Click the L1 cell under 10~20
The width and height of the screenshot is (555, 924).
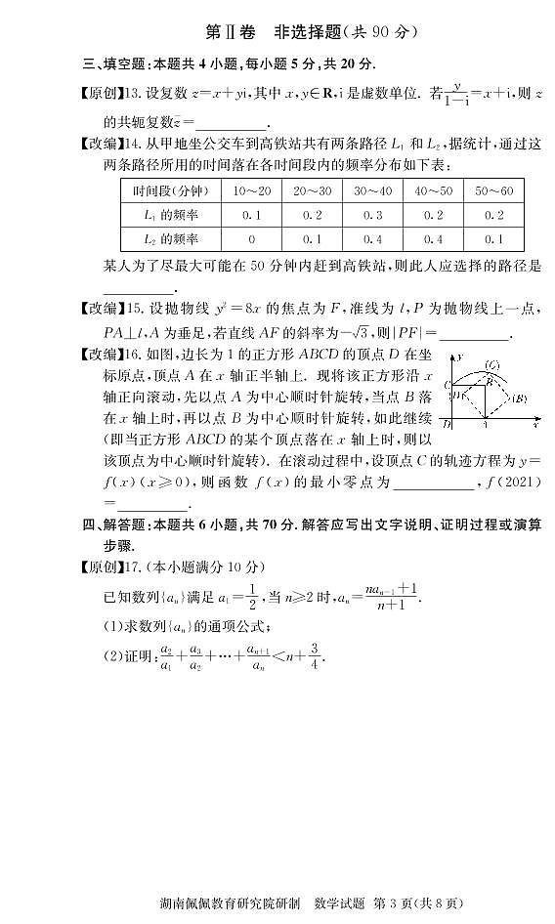[x=251, y=215]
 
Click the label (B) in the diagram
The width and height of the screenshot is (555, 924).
[x=520, y=398]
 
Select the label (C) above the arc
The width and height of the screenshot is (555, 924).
[x=492, y=365]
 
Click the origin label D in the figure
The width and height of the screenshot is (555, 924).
[x=447, y=423]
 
